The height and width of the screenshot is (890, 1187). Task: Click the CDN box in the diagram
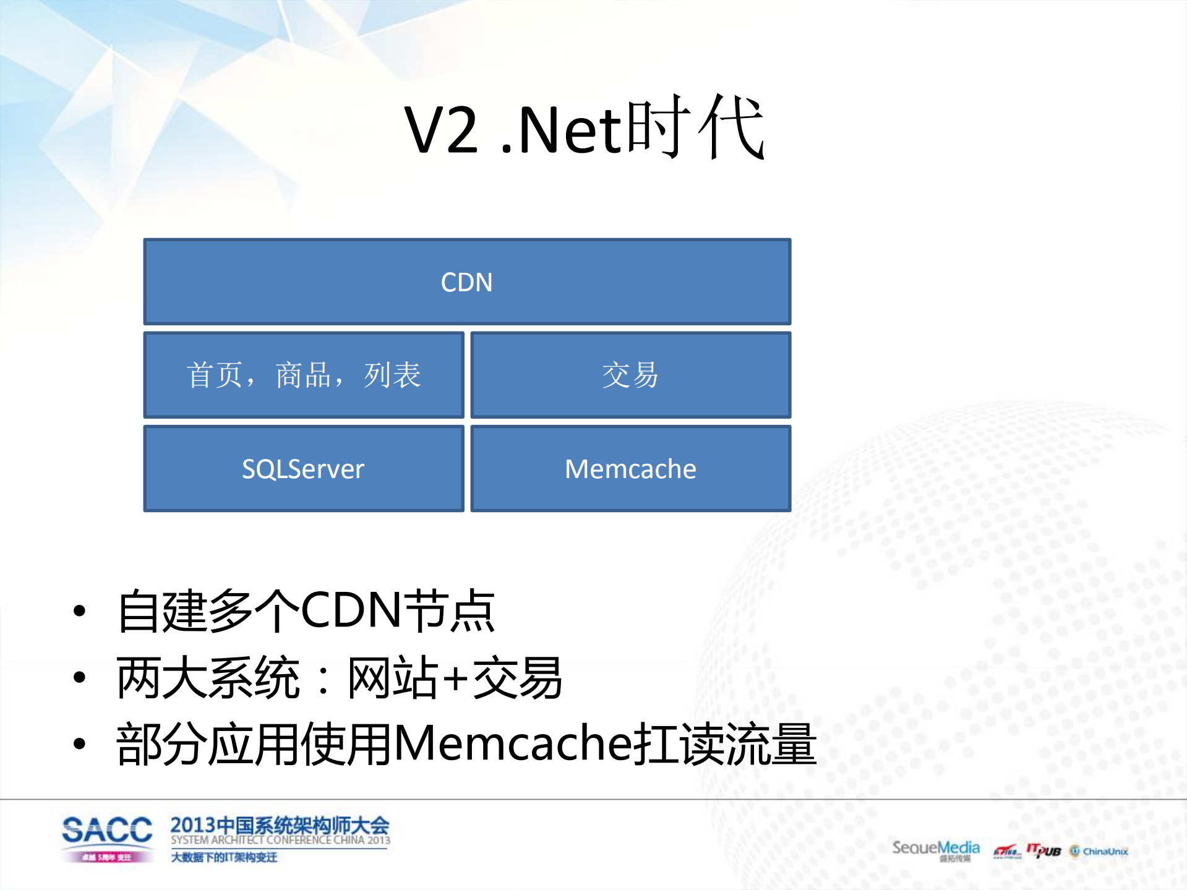[x=467, y=282]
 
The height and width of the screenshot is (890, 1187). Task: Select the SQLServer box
[x=303, y=469]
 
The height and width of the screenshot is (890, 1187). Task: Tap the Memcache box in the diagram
[x=630, y=469]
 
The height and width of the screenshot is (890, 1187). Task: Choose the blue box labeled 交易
[x=630, y=375]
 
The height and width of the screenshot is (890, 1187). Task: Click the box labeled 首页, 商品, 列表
[x=303, y=375]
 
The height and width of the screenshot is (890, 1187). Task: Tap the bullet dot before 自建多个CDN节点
[x=79, y=611]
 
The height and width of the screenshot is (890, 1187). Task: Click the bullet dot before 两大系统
[x=79, y=677]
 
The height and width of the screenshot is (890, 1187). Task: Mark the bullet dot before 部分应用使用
[x=79, y=743]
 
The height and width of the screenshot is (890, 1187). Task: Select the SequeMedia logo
[x=935, y=849]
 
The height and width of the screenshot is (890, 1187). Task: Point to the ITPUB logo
[x=1043, y=851]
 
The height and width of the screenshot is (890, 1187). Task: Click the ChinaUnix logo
[x=1099, y=852]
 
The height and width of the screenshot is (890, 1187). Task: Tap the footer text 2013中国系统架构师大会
[x=280, y=825]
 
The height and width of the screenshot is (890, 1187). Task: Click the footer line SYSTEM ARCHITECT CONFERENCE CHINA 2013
[x=280, y=840]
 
